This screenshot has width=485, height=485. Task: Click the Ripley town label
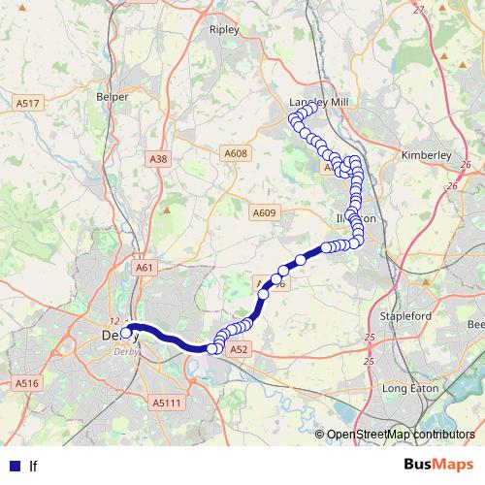tap(224, 30)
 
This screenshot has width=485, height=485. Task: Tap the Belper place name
tap(113, 97)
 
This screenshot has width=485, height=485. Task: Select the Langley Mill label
tap(318, 101)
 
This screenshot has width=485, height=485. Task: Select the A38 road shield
tap(159, 158)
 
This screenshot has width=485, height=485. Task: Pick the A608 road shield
tap(236, 153)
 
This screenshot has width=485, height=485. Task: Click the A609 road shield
tap(263, 213)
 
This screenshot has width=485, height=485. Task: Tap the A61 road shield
tap(145, 267)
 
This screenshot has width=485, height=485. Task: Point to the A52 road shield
tap(242, 348)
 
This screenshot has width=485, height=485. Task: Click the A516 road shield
tap(26, 384)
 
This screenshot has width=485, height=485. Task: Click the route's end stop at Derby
tap(127, 333)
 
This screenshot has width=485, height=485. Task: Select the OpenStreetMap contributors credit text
tap(401, 435)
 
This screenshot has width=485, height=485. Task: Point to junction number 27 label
tap(419, 10)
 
